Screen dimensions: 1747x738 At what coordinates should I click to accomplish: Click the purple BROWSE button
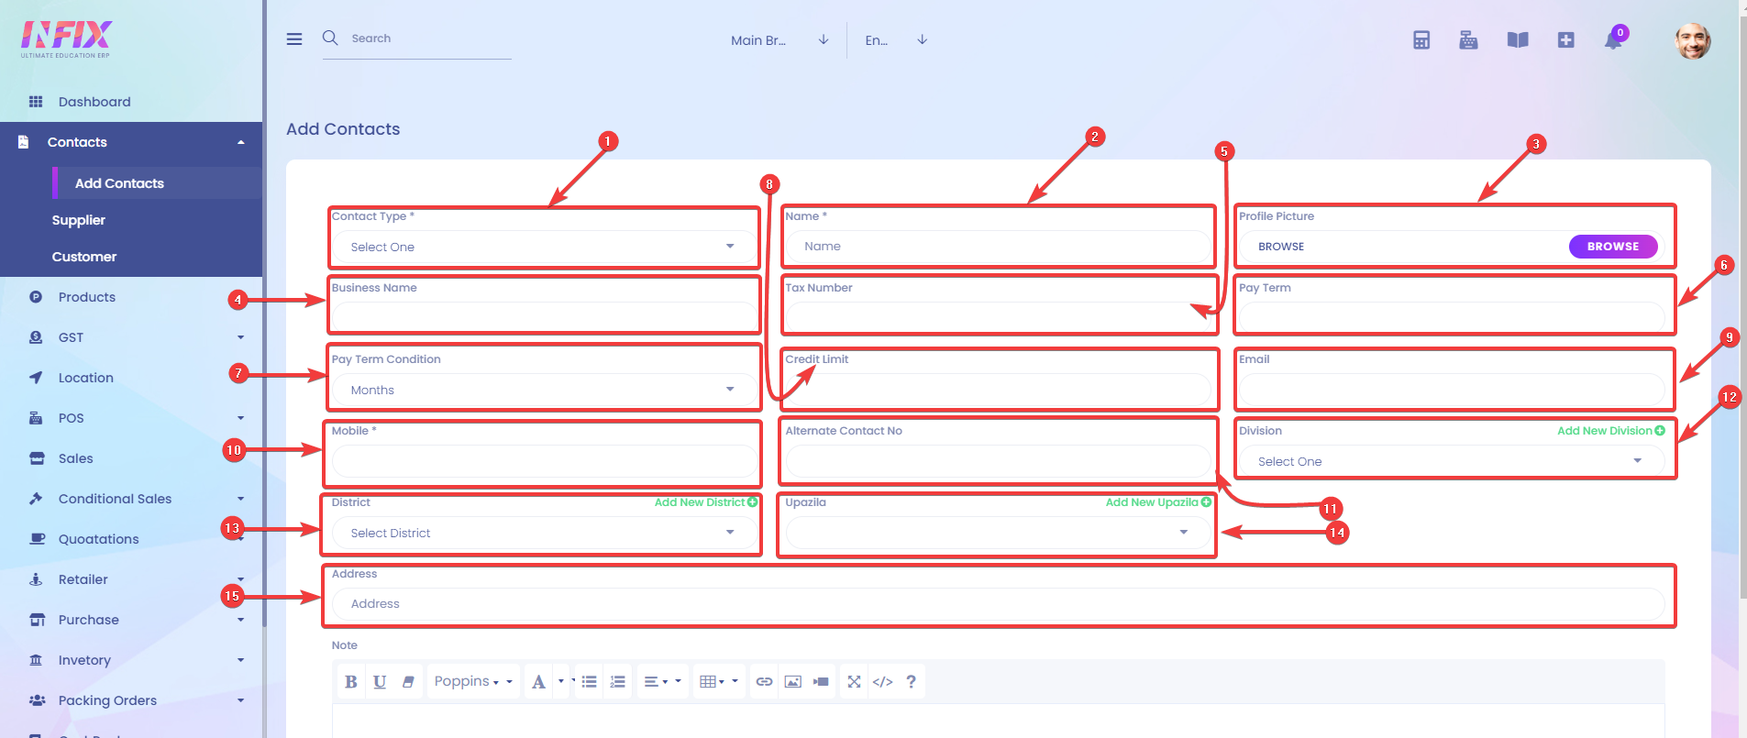tap(1612, 247)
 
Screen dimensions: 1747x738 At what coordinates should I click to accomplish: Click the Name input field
tap(998, 247)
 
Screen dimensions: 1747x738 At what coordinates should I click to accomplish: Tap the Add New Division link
tap(1611, 431)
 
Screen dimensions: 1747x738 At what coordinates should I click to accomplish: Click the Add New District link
tap(706, 502)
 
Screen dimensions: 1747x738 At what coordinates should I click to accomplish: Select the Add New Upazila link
tap(1158, 502)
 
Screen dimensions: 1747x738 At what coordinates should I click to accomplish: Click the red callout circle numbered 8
tap(769, 184)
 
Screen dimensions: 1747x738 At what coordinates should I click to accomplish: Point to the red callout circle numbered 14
tap(1337, 533)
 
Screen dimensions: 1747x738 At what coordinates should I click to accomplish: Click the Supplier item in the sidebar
tap(79, 220)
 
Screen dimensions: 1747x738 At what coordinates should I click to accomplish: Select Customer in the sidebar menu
tap(84, 257)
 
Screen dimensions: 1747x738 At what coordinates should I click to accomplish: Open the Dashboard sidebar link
tap(94, 102)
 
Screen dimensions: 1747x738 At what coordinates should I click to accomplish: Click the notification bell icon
tap(1613, 40)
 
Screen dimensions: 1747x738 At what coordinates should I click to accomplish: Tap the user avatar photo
tap(1693, 41)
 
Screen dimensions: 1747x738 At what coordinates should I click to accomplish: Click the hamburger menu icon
tap(294, 39)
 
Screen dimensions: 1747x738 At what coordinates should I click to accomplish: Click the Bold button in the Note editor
tap(350, 682)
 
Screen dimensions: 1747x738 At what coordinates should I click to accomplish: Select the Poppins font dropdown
tap(472, 682)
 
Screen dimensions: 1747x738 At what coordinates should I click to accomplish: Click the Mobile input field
tap(544, 461)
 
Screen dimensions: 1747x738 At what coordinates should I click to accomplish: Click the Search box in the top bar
tap(417, 39)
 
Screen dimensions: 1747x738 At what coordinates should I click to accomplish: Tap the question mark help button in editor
tap(911, 682)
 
